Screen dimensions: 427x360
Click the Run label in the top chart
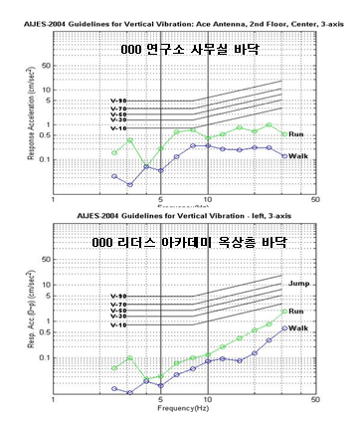coord(295,135)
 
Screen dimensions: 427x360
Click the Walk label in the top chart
coord(296,156)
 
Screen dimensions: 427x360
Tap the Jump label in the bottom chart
coord(299,285)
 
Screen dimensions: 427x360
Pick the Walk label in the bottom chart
coord(298,327)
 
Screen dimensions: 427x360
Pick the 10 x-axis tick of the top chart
coord(207,200)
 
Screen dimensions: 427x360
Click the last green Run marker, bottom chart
coord(285,311)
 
